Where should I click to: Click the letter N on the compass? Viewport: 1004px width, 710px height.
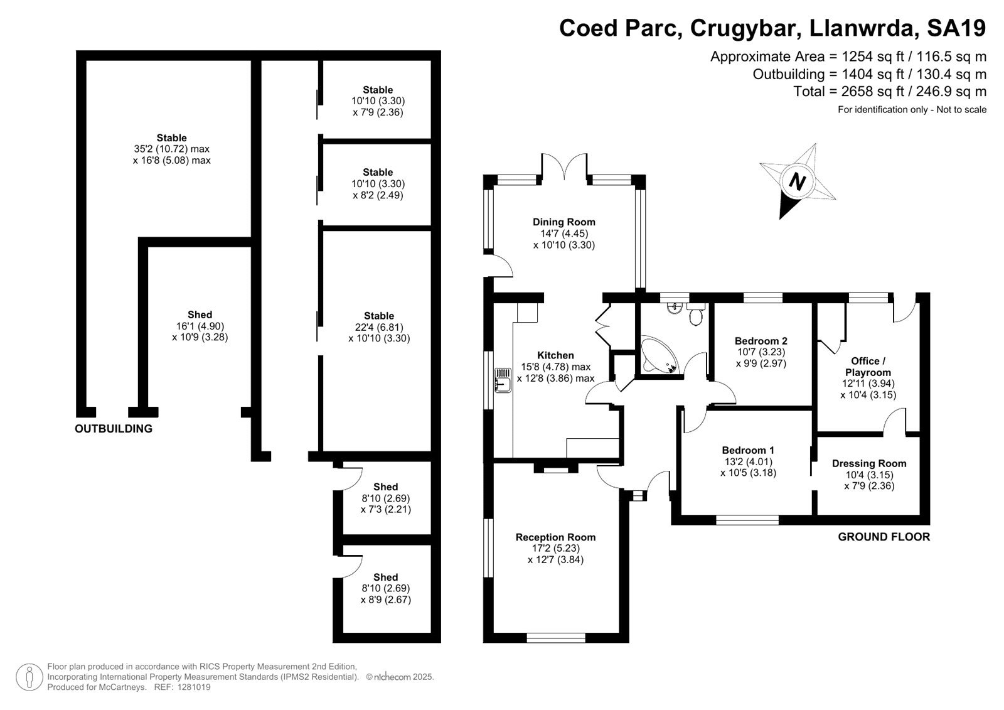[x=798, y=181]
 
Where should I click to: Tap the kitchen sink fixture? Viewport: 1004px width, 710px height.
[x=503, y=380]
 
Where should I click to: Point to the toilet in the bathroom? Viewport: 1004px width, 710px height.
[x=696, y=315]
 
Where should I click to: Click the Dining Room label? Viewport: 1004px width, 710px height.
[x=564, y=222]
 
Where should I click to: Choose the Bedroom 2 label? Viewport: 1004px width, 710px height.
[x=761, y=341]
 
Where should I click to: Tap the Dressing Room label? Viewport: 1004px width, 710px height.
[x=869, y=463]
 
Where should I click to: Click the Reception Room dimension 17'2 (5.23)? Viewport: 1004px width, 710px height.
[x=556, y=548]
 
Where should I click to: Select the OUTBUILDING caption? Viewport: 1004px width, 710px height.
[x=114, y=429]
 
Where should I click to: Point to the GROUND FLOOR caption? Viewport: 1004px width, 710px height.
[x=884, y=537]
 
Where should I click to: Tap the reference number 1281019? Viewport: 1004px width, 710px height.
[x=194, y=687]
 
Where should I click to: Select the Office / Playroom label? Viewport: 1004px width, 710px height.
[x=868, y=367]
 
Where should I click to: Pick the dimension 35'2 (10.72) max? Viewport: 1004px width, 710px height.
[x=172, y=149]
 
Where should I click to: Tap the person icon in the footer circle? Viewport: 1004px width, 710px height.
[x=29, y=677]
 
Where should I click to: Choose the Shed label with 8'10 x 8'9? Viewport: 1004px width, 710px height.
[x=385, y=578]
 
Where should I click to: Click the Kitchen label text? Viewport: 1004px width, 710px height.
[x=556, y=355]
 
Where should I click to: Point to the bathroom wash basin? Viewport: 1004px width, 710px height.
[x=674, y=308]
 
